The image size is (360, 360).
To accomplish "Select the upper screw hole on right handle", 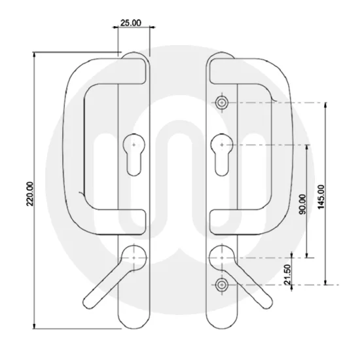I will (223, 103).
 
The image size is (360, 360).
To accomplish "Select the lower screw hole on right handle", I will (223, 285).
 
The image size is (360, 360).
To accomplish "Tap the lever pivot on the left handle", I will (134, 258).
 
